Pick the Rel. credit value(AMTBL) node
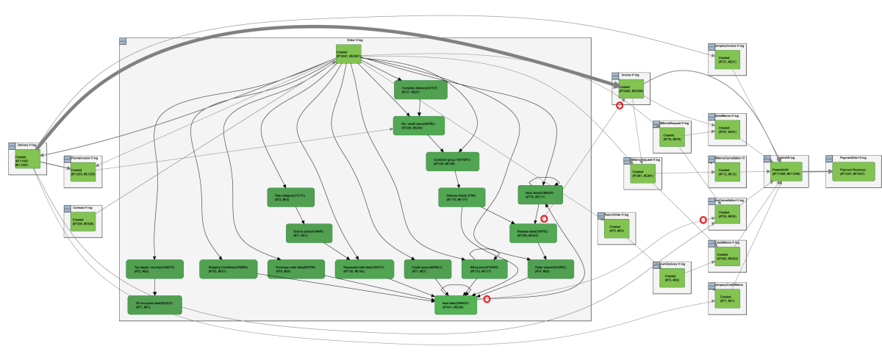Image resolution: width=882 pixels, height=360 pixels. click(x=419, y=125)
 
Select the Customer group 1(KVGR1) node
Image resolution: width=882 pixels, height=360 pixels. click(x=453, y=161)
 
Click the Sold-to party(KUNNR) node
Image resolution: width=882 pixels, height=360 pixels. click(x=309, y=233)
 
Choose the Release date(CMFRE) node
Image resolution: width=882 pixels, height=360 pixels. click(x=534, y=233)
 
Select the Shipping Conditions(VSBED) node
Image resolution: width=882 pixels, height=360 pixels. click(x=228, y=269)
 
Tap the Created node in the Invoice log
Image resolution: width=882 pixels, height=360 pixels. click(x=631, y=89)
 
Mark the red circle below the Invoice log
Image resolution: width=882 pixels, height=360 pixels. click(x=619, y=106)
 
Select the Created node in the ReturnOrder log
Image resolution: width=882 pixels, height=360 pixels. click(x=614, y=229)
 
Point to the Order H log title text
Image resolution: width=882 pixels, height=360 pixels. click(x=355, y=40)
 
